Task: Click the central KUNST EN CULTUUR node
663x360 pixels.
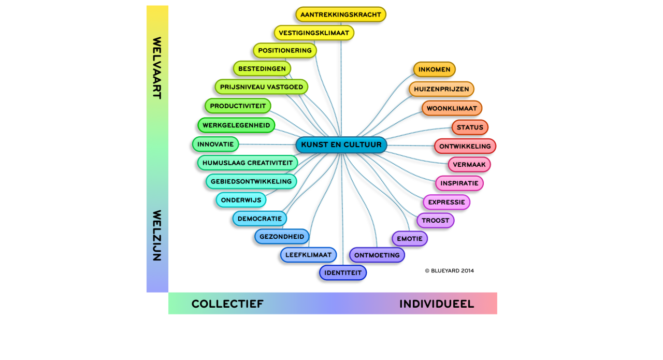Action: click(x=341, y=145)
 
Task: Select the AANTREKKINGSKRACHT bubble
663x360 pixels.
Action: click(x=341, y=15)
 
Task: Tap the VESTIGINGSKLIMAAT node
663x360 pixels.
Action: click(x=314, y=33)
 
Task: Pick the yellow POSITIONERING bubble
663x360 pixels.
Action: click(x=285, y=51)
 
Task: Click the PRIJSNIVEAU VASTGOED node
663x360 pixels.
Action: click(x=262, y=87)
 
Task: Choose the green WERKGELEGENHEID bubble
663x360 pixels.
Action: click(x=236, y=125)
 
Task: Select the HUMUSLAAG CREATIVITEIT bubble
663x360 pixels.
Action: click(x=248, y=163)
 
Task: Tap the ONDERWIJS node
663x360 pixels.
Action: click(x=241, y=200)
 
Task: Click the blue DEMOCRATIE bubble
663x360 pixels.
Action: click(x=260, y=219)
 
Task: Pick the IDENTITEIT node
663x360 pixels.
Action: click(x=343, y=273)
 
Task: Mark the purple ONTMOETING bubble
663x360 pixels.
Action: click(x=377, y=255)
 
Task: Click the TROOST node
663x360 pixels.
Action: click(x=436, y=221)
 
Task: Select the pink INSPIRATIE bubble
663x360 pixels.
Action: click(x=459, y=183)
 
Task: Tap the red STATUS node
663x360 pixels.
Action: click(x=470, y=127)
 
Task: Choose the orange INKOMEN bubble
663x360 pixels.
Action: click(x=435, y=69)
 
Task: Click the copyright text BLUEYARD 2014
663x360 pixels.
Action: click(x=450, y=270)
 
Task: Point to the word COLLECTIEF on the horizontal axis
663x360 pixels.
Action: click(x=227, y=304)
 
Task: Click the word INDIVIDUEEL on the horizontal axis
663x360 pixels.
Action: click(x=437, y=304)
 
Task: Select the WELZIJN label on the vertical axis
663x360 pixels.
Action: click(x=157, y=235)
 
